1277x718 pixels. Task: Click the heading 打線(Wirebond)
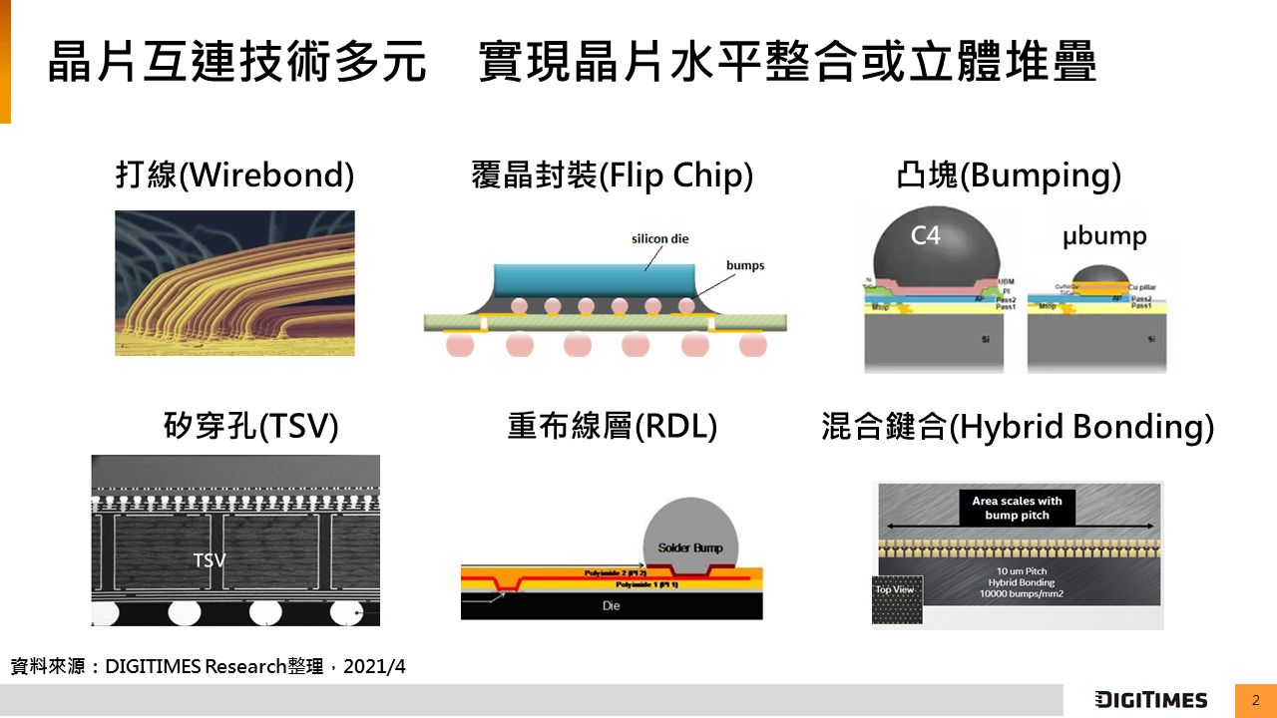(x=234, y=177)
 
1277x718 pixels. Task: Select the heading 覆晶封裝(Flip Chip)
(x=612, y=177)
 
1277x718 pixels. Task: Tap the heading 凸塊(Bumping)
(x=1009, y=177)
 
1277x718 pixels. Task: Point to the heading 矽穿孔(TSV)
(x=250, y=427)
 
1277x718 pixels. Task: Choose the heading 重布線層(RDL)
(x=612, y=427)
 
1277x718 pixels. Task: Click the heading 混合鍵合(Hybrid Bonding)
(x=1017, y=427)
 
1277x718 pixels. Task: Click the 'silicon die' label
(x=659, y=239)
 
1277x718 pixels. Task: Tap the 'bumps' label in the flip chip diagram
(x=745, y=265)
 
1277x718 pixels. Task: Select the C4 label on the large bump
(x=926, y=236)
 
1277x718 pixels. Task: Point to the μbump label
(x=1103, y=236)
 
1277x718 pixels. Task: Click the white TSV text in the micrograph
(x=210, y=560)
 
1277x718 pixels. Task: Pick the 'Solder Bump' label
(x=690, y=548)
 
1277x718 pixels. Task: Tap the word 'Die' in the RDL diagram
(x=611, y=605)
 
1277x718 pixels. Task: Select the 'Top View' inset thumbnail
(x=894, y=601)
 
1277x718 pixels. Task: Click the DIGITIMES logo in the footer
(x=1150, y=700)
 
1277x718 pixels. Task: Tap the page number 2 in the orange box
(x=1255, y=700)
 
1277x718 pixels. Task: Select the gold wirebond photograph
(x=234, y=283)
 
